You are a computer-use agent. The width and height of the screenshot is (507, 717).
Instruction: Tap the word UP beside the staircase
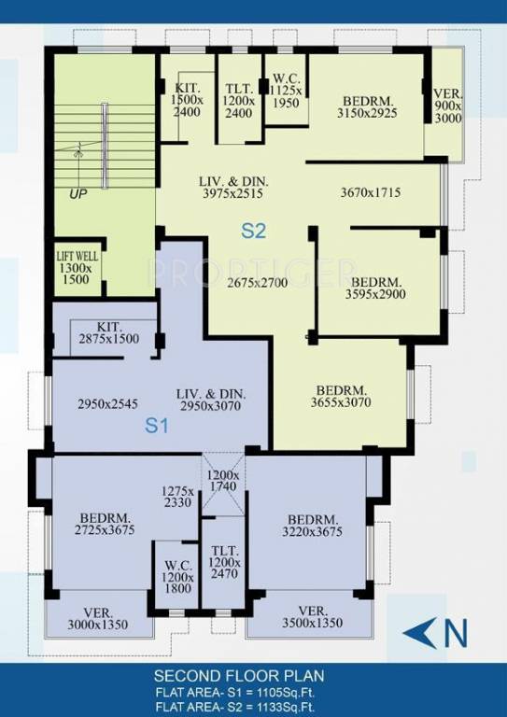tap(78, 194)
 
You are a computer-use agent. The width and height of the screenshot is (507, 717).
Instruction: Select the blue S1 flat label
tap(157, 426)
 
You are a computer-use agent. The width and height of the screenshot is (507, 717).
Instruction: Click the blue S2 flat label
tap(253, 231)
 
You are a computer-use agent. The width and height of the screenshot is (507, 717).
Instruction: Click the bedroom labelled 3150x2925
tap(367, 107)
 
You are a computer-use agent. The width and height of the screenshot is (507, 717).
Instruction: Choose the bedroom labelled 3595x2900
tap(375, 288)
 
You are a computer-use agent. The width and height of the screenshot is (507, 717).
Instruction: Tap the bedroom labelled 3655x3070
tap(341, 397)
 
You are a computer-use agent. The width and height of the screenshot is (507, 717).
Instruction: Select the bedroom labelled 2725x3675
tap(105, 525)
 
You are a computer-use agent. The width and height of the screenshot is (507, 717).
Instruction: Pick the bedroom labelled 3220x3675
tap(312, 526)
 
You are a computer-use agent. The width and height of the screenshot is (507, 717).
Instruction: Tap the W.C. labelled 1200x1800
tap(177, 577)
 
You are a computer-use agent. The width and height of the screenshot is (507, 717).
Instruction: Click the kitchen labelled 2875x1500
tap(109, 333)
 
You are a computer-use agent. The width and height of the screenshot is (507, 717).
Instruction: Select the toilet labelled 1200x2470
tap(224, 562)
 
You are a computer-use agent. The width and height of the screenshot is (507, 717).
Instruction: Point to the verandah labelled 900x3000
tap(448, 106)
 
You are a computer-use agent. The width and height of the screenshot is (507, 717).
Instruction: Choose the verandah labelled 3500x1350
tap(312, 617)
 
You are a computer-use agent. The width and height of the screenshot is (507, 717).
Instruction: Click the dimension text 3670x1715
tap(371, 192)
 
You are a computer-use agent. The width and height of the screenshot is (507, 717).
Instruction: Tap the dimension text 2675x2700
tap(258, 283)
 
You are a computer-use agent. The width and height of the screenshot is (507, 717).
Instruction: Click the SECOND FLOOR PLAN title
tap(239, 676)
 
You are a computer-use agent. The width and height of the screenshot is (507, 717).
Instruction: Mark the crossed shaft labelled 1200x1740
tap(222, 484)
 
